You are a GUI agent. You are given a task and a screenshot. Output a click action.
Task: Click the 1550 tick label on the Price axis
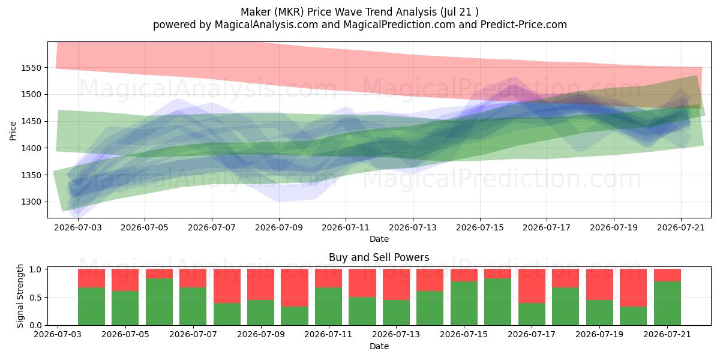point(31,68)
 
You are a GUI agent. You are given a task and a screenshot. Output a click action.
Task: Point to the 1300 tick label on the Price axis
point(31,202)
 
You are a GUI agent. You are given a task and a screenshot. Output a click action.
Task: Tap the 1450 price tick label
point(31,121)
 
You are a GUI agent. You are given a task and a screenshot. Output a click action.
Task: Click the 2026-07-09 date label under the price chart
point(278,227)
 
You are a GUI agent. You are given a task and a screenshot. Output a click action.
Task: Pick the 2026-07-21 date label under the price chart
point(681,227)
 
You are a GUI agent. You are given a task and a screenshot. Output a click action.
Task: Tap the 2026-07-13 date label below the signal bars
point(396,335)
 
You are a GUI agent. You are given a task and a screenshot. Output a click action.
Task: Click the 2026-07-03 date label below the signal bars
point(58,335)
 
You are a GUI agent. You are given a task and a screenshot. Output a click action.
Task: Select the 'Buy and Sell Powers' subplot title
point(379,257)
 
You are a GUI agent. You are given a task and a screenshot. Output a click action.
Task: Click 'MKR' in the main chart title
point(289,12)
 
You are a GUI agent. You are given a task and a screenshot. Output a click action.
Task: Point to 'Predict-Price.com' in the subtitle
point(524,25)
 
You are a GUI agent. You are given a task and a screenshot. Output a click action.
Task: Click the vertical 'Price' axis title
point(13,131)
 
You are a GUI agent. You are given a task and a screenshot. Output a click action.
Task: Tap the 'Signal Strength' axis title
point(20,296)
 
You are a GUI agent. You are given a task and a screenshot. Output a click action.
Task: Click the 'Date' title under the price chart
point(379,239)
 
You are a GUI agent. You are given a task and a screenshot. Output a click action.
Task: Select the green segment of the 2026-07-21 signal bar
point(667,304)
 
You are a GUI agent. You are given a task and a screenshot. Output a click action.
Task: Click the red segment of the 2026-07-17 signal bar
point(532,286)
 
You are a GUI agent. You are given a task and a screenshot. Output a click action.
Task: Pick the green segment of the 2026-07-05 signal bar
point(125,308)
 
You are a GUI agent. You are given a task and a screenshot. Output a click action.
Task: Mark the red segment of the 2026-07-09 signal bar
point(260,284)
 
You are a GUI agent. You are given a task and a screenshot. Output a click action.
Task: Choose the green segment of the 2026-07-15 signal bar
point(464,304)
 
